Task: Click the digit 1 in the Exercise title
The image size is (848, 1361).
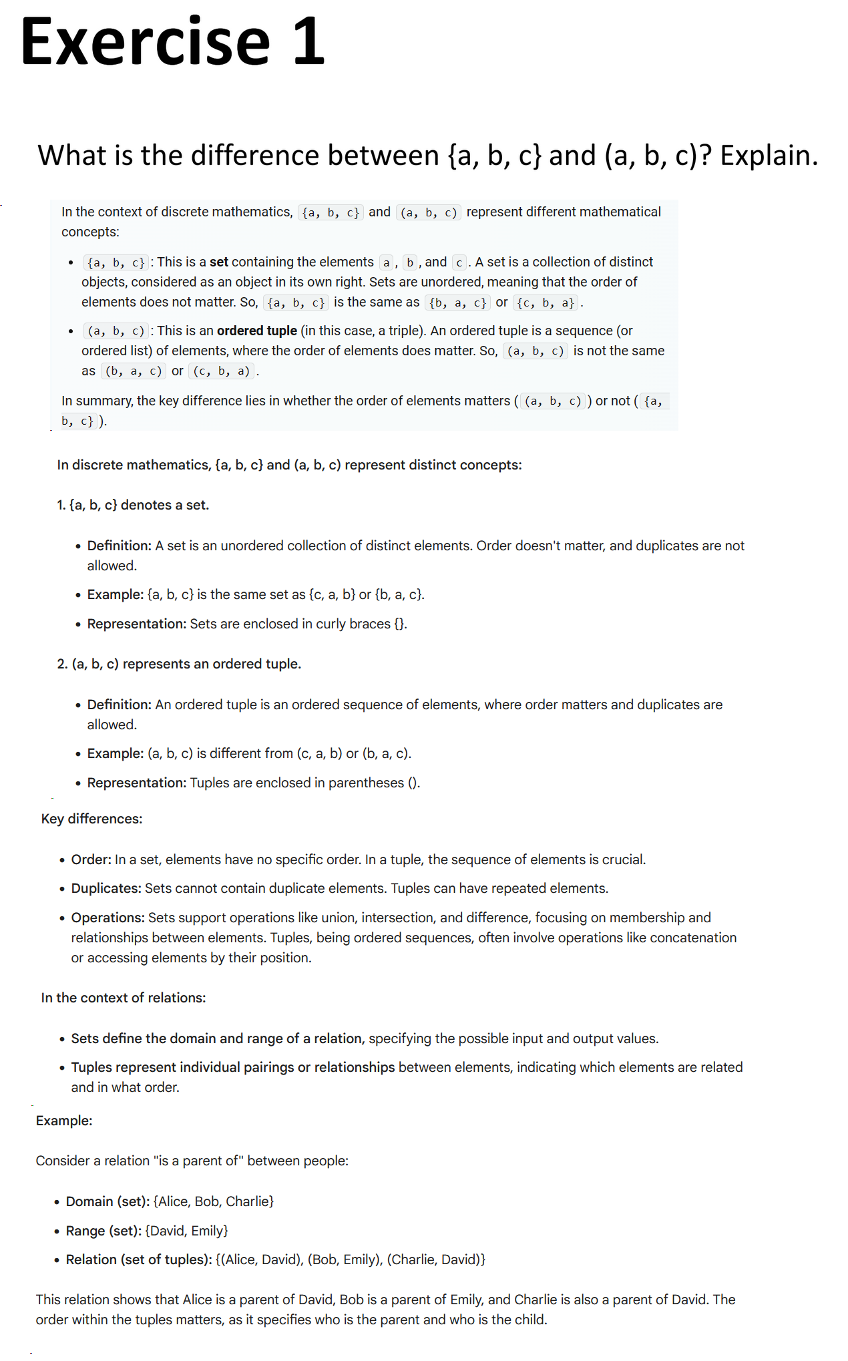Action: tap(308, 43)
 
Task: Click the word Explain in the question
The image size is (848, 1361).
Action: tap(768, 156)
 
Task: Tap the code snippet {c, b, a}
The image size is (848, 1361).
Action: tap(546, 303)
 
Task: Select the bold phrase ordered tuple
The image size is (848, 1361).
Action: tap(257, 331)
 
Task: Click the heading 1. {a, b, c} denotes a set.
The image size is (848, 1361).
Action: tap(133, 505)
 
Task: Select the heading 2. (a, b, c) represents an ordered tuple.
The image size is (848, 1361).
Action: tap(179, 664)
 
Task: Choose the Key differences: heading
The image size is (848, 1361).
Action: tap(91, 819)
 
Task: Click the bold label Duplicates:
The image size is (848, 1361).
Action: tap(106, 888)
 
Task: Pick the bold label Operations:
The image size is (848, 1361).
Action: tap(108, 918)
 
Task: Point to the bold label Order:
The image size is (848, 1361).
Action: tap(91, 859)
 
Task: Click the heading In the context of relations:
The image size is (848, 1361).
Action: tap(124, 998)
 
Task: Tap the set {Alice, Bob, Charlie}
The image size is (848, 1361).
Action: tap(214, 1201)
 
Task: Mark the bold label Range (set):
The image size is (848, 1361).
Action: tap(103, 1231)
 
